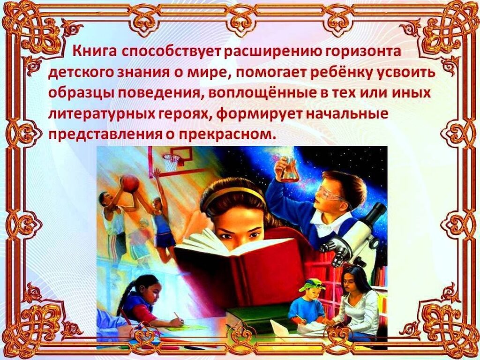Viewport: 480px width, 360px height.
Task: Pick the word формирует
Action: [x=261, y=114]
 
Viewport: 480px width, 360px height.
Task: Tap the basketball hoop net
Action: [x=171, y=163]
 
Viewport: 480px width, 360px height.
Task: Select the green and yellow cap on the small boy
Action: [x=310, y=285]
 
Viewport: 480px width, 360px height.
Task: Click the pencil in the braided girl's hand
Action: [x=177, y=316]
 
